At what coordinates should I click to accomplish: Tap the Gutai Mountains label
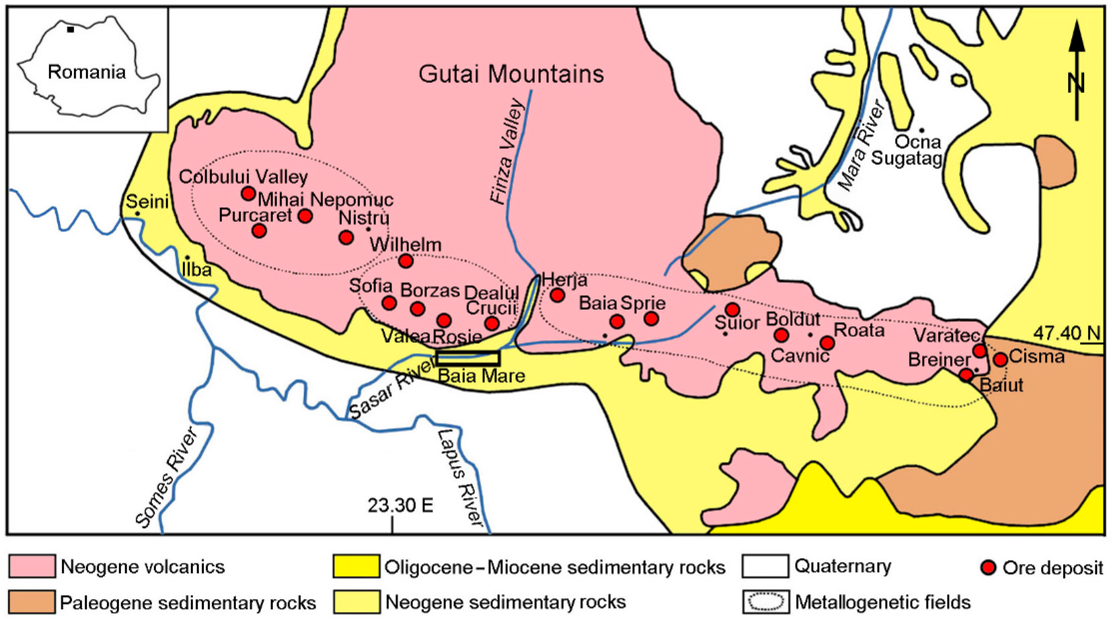[x=511, y=74]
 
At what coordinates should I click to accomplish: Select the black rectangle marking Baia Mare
[x=468, y=358]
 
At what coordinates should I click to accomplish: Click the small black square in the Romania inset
[x=70, y=30]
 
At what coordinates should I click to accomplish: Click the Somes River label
[x=166, y=477]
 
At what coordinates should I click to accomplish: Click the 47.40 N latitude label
[x=1066, y=333]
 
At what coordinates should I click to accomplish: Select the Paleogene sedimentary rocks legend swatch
[x=32, y=602]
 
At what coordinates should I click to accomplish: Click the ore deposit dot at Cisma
[x=1001, y=359]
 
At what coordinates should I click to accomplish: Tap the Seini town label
[x=147, y=201]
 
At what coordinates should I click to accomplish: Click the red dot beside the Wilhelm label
[x=406, y=261]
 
